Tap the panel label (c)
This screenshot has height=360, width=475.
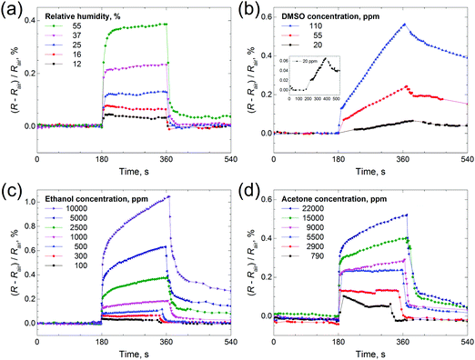pyautogui.click(x=11, y=188)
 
